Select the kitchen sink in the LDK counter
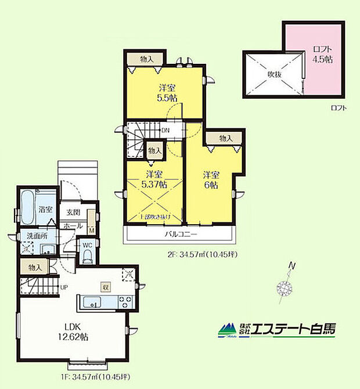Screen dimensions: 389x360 (91, 302)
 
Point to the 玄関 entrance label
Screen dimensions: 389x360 (73, 212)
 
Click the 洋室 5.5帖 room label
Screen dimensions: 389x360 (167, 93)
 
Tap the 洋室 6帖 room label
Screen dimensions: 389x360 (210, 179)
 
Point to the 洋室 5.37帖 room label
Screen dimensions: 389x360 (154, 179)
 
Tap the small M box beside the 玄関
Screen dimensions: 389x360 (92, 230)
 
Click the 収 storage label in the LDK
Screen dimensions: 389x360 (105, 286)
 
